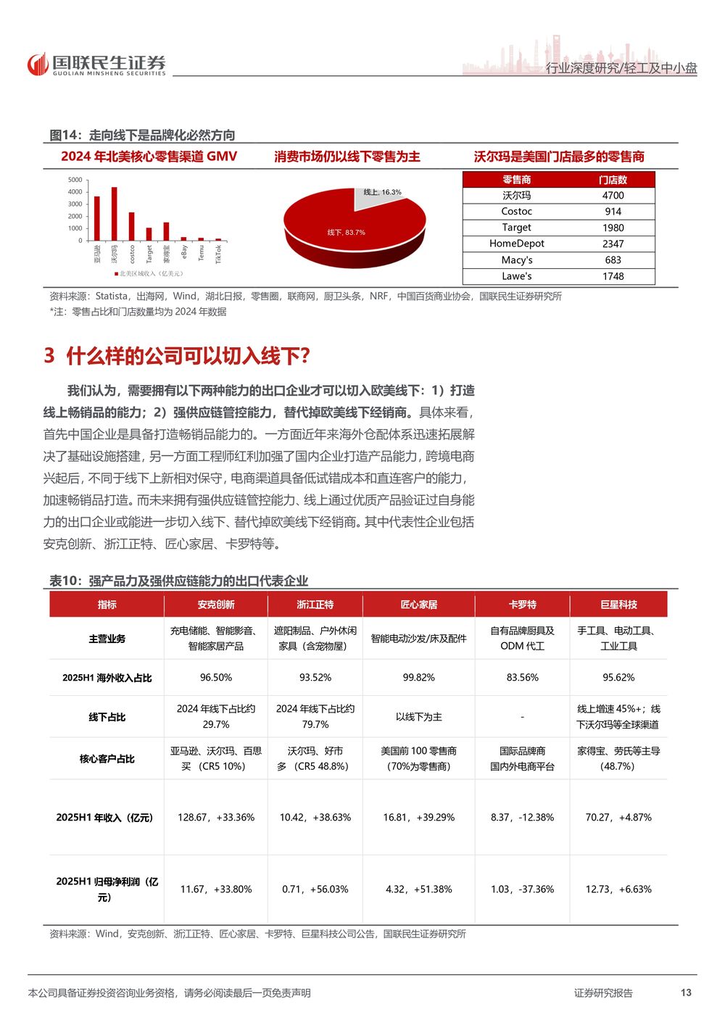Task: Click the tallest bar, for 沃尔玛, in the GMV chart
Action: pyautogui.click(x=114, y=214)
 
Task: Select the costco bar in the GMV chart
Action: pyautogui.click(x=131, y=226)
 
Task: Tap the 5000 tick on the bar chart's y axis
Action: pyautogui.click(x=75, y=180)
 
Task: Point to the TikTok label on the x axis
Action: pyautogui.click(x=218, y=253)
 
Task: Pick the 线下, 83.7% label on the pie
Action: pyautogui.click(x=346, y=233)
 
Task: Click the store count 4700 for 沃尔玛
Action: pyautogui.click(x=613, y=196)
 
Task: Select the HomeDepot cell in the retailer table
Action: pyautogui.click(x=516, y=244)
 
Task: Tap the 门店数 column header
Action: pyautogui.click(x=613, y=180)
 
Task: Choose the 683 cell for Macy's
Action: pyautogui.click(x=613, y=260)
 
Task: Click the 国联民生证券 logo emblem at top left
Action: pyautogui.click(x=37, y=65)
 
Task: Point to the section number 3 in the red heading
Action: pyautogui.click(x=49, y=355)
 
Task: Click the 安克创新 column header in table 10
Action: pyautogui.click(x=216, y=605)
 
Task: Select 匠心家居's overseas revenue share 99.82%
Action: pyautogui.click(x=418, y=678)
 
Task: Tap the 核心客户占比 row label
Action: pyautogui.click(x=107, y=759)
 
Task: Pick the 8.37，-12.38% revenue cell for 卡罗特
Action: pyautogui.click(x=522, y=818)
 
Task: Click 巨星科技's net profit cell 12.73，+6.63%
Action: pyautogui.click(x=618, y=889)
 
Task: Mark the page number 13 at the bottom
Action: pyautogui.click(x=686, y=992)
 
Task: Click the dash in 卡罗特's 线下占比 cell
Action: pyautogui.click(x=522, y=717)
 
